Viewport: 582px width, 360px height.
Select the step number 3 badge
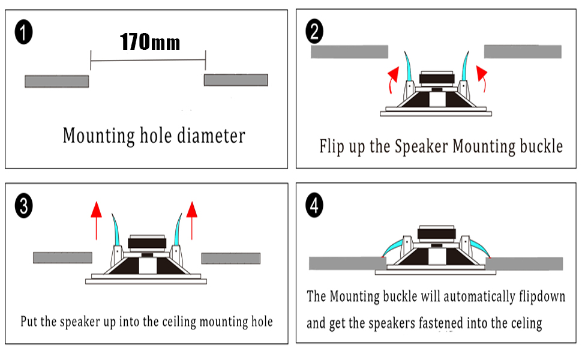tap(23, 206)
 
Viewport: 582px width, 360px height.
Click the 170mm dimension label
tap(149, 43)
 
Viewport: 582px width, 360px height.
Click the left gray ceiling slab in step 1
tap(56, 81)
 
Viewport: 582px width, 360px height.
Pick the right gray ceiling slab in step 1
tap(236, 80)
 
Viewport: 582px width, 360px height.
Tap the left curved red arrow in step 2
tap(392, 80)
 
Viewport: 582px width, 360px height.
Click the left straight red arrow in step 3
tap(95, 220)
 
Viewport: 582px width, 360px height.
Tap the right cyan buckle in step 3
tap(179, 231)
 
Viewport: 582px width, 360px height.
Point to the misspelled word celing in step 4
tap(523, 323)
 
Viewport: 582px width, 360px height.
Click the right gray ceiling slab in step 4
tap(527, 263)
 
